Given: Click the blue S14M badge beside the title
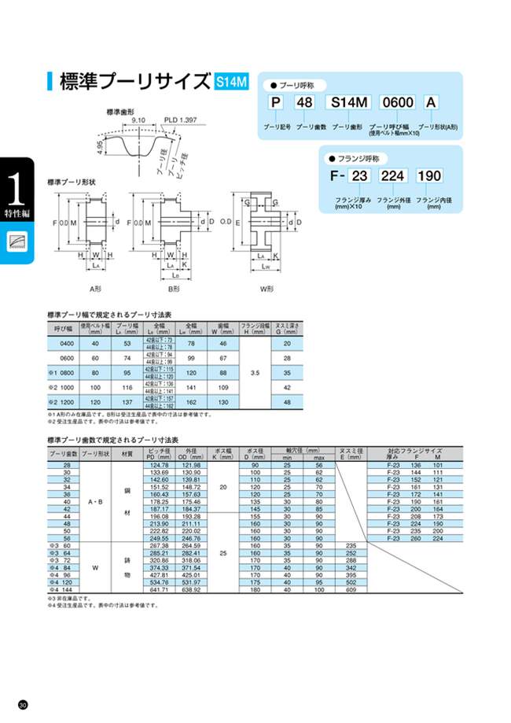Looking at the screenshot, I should pos(230,81).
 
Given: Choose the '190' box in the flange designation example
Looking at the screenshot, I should pos(428,175).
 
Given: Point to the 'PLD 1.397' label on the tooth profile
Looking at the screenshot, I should pos(180,120).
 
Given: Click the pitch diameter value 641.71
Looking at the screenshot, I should pos(159,588).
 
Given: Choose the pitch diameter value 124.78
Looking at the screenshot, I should pos(159,466).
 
